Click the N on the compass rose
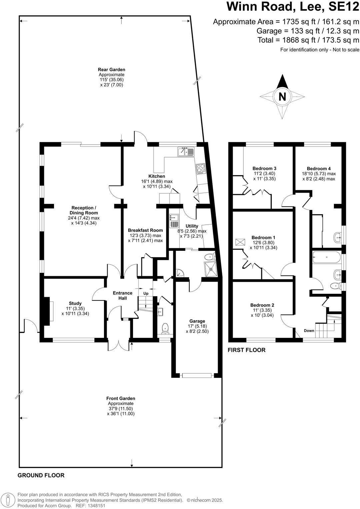click(282, 97)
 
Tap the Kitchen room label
click(157, 176)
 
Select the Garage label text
click(197, 321)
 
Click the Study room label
click(75, 303)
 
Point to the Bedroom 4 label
click(319, 169)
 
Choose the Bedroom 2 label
click(262, 305)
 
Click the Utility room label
click(192, 226)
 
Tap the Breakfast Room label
click(145, 230)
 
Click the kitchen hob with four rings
click(201, 169)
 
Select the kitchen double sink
click(186, 152)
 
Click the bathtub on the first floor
click(327, 257)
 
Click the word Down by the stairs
click(309, 331)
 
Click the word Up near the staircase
click(146, 293)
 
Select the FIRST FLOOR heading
click(247, 350)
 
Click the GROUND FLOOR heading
click(41, 475)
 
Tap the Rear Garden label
click(111, 70)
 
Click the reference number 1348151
click(96, 505)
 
